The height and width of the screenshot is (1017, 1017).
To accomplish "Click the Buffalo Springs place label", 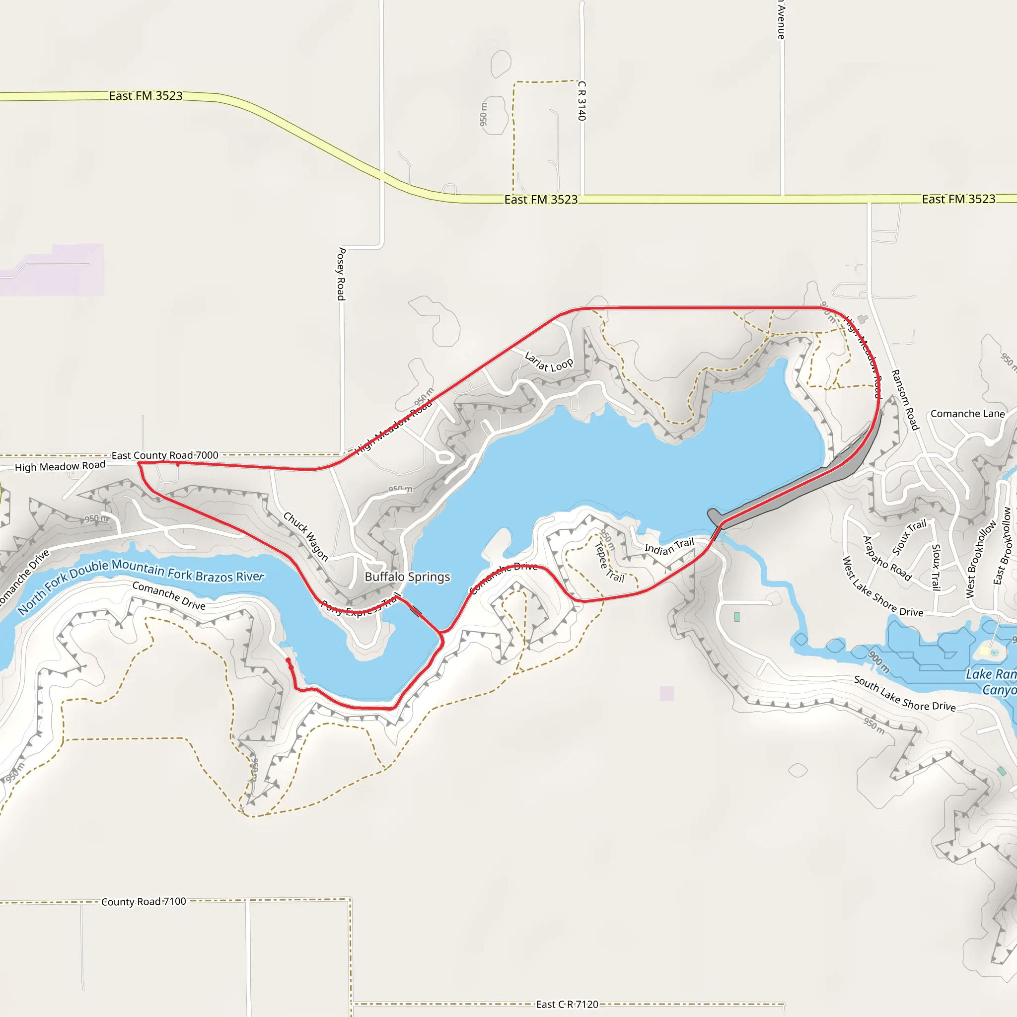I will coord(407,577).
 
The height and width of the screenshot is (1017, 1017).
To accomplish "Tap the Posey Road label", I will coord(341,274).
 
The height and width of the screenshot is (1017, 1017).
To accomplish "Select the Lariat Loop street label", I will coord(549,363).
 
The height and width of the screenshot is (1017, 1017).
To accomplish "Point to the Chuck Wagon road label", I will coord(306,536).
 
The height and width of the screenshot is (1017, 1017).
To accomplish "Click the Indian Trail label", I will coord(669,546).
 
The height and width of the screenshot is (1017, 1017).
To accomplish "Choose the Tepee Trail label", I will coord(608,563).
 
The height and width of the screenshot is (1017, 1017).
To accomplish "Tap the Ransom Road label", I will coord(904,400).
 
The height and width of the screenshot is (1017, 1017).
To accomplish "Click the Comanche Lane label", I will coord(967,414).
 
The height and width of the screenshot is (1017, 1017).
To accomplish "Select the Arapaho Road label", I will coord(887,558).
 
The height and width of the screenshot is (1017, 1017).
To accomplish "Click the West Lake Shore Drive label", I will coord(883,587).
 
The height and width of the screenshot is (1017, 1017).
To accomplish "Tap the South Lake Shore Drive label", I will coord(904,693).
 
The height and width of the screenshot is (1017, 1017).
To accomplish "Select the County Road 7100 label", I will coord(144,902).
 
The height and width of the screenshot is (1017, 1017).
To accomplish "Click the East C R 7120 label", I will coord(567,1005).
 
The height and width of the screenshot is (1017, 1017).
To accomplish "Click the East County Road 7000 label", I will coord(165,455).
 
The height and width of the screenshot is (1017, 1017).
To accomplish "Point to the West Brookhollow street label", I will coord(981,559).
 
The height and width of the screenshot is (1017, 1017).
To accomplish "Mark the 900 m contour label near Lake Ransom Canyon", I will coord(879,662).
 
